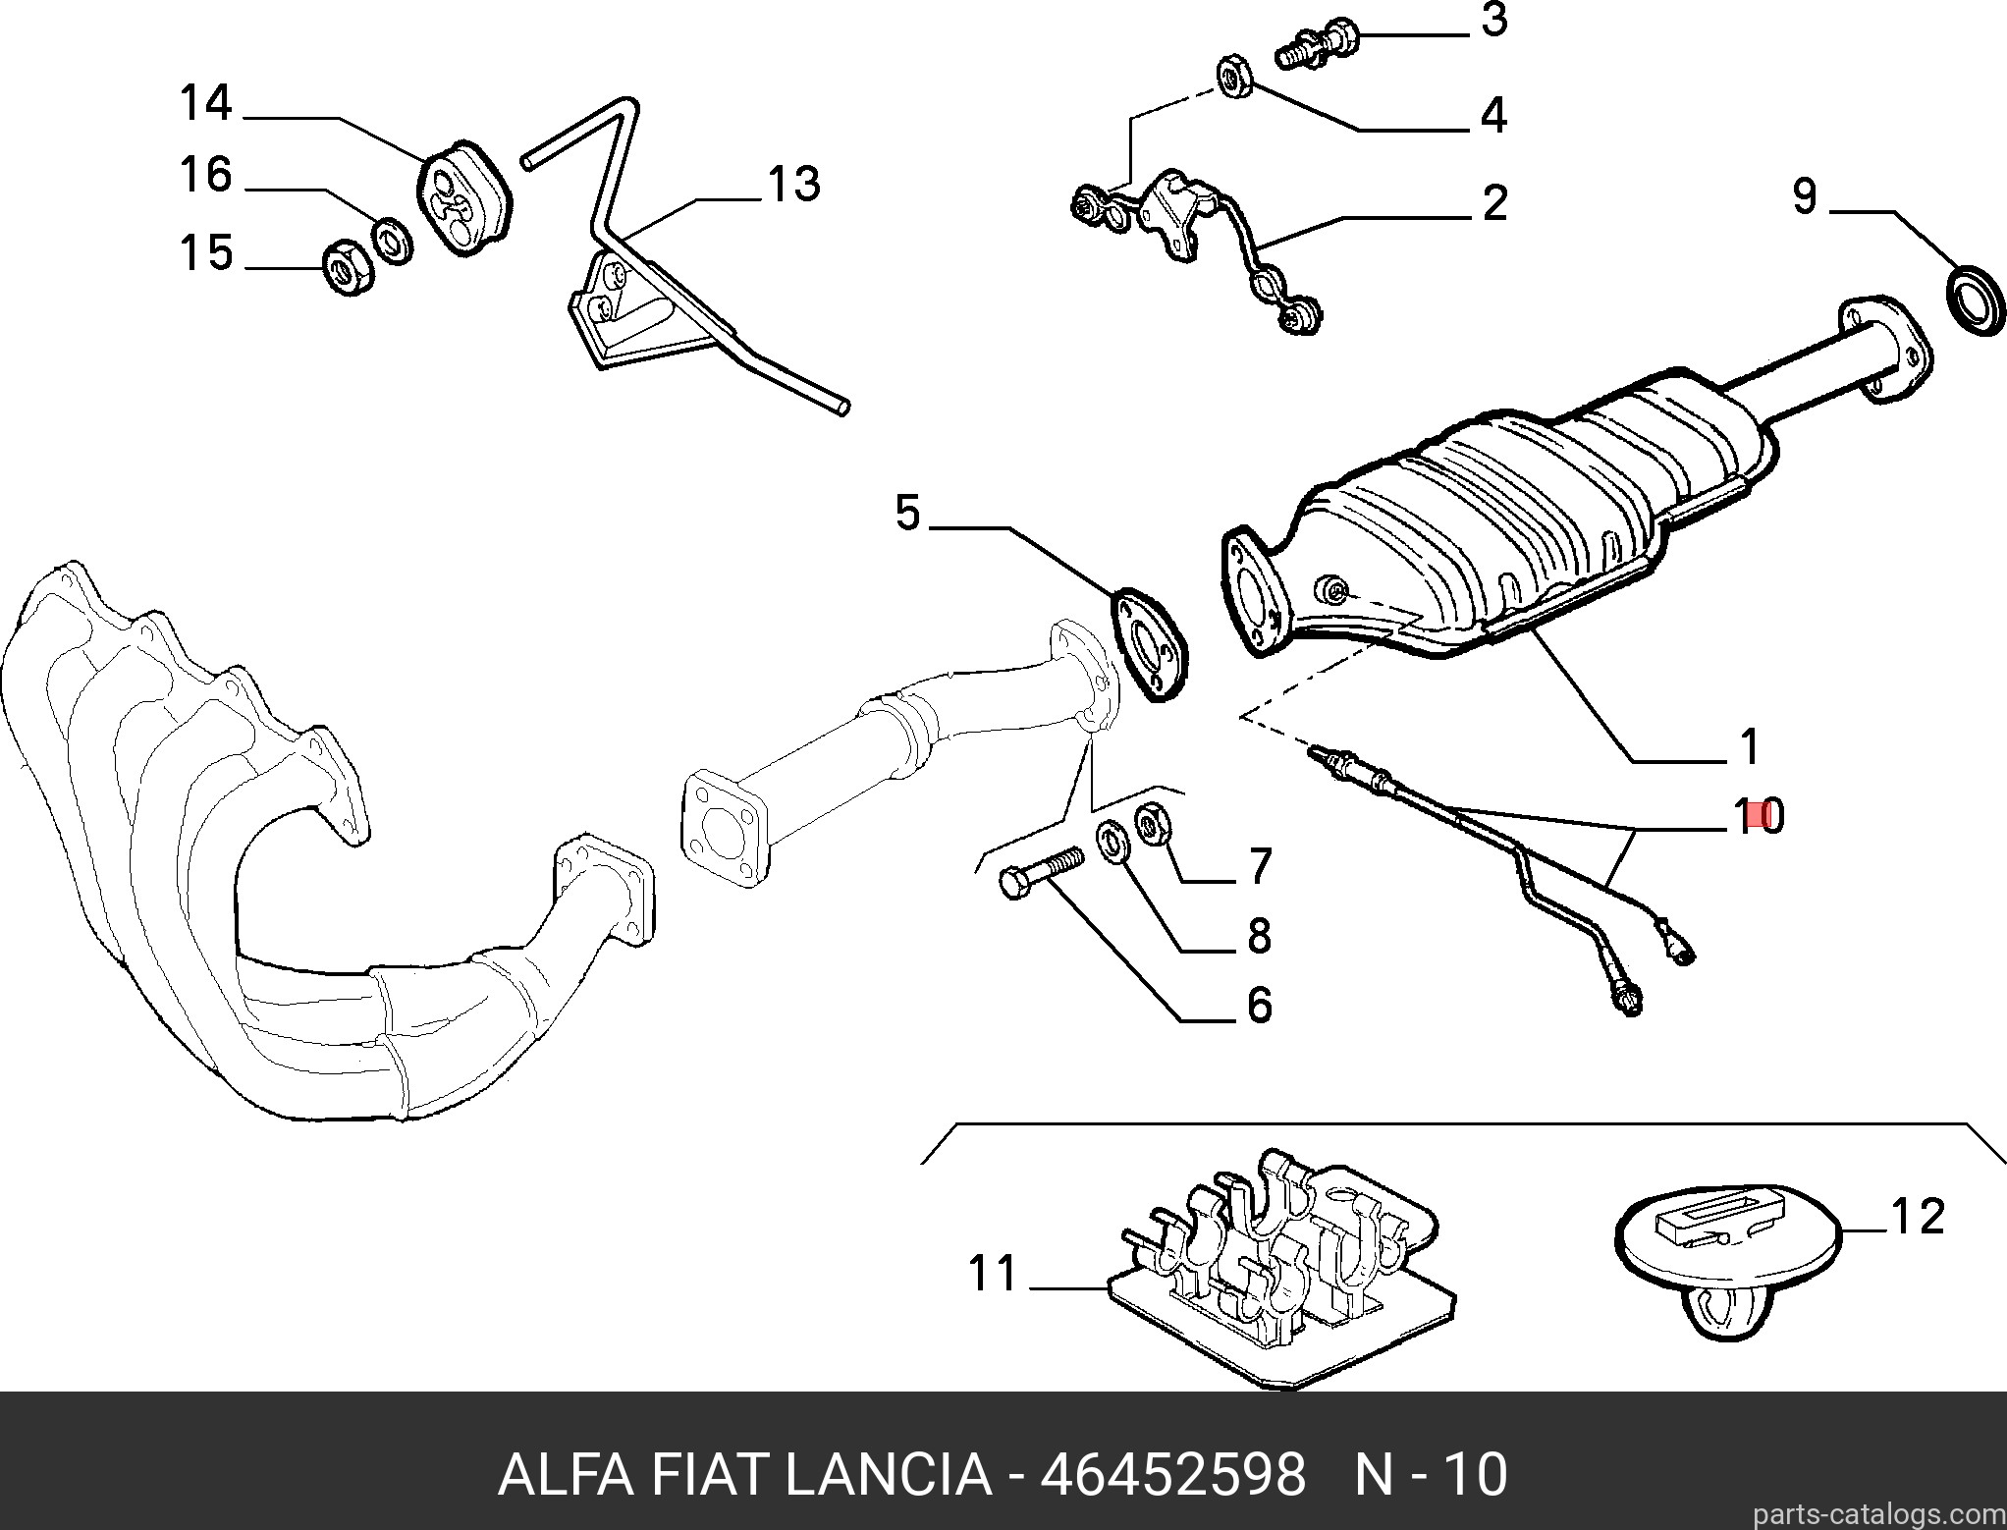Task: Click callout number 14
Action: coord(205,103)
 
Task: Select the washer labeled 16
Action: coord(393,241)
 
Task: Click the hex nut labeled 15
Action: coord(347,266)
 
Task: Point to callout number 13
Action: coord(793,184)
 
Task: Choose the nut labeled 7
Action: coord(1151,822)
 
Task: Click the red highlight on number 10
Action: coord(1767,815)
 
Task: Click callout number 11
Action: coord(994,1274)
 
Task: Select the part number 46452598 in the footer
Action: coord(1173,1474)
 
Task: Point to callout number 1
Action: coord(1749,746)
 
